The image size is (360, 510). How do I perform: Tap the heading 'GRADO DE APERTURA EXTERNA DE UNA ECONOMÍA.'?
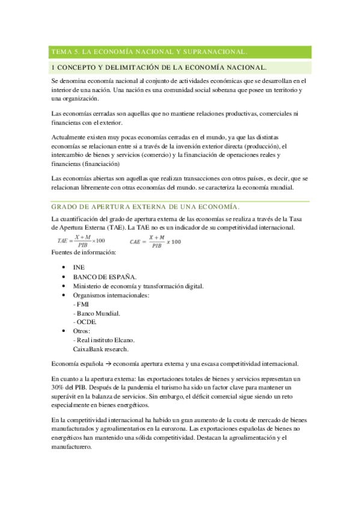tap(146, 207)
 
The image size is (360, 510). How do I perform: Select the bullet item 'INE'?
tap(79, 266)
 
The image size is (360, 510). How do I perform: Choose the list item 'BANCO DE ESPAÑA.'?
tap(105, 276)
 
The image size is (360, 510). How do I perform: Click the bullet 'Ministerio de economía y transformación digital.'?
tap(138, 286)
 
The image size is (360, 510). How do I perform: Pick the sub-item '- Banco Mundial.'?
tap(96, 313)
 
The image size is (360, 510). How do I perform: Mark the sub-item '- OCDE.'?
tap(85, 322)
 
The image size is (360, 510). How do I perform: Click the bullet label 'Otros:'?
tap(82, 331)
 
